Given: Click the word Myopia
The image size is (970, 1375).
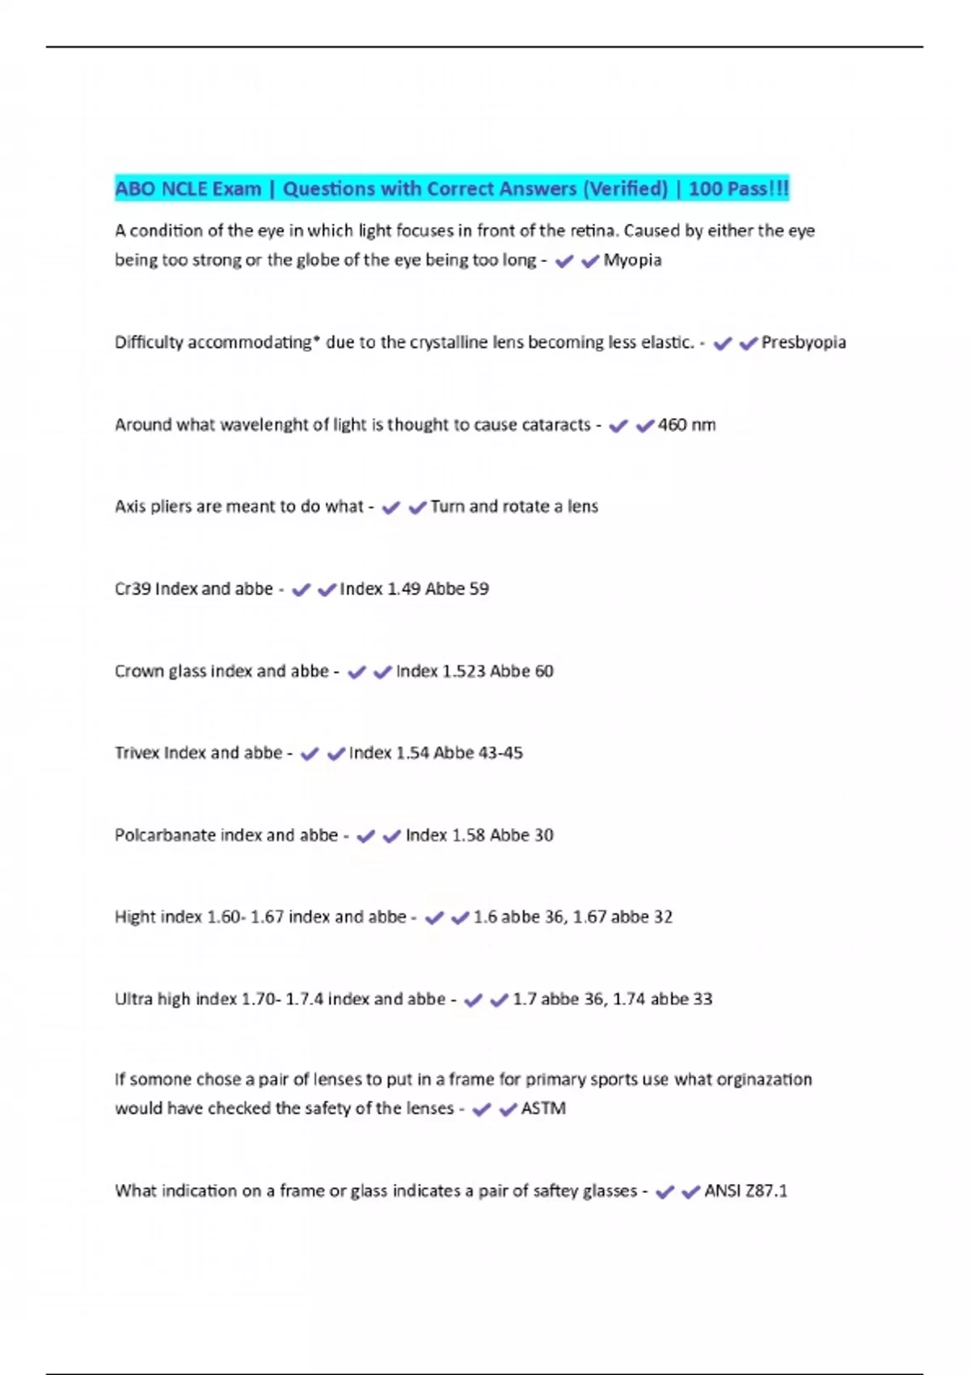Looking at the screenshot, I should point(632,260).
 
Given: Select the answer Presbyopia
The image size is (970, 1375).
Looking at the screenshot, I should point(803,343).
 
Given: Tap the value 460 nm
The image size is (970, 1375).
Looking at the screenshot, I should point(686,425).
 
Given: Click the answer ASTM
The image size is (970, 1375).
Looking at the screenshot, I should point(543,1109).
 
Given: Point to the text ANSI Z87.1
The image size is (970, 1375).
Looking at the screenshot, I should point(745,1191).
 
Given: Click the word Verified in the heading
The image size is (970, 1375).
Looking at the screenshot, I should point(626,189).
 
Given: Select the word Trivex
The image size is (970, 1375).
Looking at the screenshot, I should point(137,753).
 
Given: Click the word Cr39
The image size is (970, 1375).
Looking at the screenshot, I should point(133,589).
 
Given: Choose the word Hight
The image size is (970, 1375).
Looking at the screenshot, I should point(135,917).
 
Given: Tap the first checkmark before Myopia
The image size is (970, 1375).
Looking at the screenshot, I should point(564,261).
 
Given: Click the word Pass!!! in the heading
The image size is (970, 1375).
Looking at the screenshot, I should point(757,189).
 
